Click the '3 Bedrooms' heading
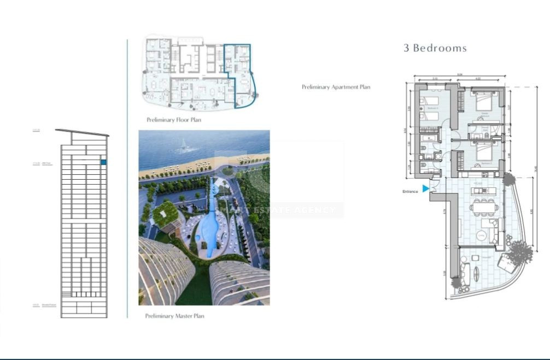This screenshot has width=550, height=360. pos(435,48)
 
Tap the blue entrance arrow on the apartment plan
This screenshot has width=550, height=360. pos(426,188)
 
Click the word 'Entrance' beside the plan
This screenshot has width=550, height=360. pos(410,191)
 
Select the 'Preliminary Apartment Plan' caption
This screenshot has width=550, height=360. pos(336,87)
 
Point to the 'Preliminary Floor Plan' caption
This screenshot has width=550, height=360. pos(173,120)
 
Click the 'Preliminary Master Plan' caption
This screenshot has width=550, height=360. pos(174,316)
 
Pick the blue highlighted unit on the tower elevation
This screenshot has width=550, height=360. pos(103,162)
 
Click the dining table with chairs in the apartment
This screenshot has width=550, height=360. pos(485,207)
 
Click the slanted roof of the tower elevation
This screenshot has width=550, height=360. pos(82,132)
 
